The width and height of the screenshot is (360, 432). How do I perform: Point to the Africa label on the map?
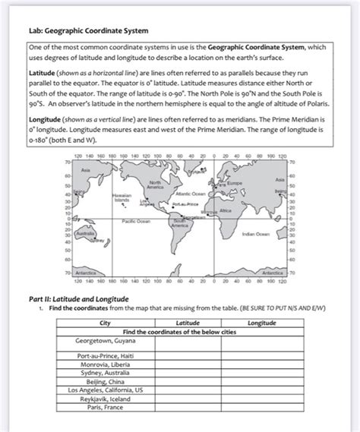pos(226,210)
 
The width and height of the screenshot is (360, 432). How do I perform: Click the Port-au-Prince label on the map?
pos(186,204)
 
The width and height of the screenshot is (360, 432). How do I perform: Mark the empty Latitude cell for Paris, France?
pos(188,406)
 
